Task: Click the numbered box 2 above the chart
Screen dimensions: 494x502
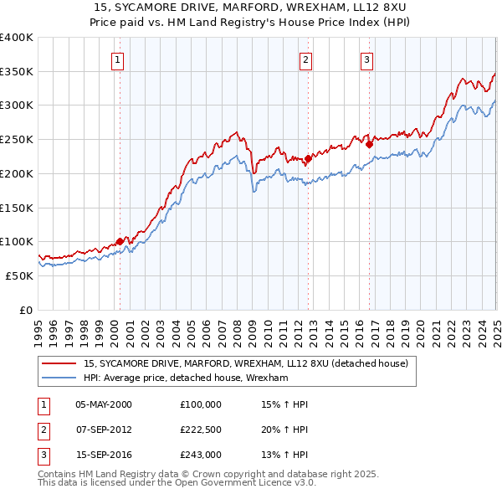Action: (x=306, y=59)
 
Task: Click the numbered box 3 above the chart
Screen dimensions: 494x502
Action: (x=367, y=59)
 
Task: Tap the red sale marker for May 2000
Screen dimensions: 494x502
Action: (x=120, y=241)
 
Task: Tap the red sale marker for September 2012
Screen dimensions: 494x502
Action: (x=308, y=157)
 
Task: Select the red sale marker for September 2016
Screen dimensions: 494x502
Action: (x=369, y=143)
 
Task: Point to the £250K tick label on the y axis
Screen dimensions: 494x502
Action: (x=17, y=139)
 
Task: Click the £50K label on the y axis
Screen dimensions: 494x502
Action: (x=19, y=275)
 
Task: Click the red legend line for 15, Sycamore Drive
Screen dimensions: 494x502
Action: (x=60, y=363)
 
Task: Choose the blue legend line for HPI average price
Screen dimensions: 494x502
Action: (x=60, y=378)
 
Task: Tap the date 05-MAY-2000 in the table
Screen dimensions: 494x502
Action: (x=104, y=404)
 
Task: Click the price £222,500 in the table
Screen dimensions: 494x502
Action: (x=201, y=430)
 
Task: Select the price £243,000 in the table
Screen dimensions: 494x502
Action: (x=201, y=455)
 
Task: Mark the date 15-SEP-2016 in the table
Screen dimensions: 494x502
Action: (x=104, y=455)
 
